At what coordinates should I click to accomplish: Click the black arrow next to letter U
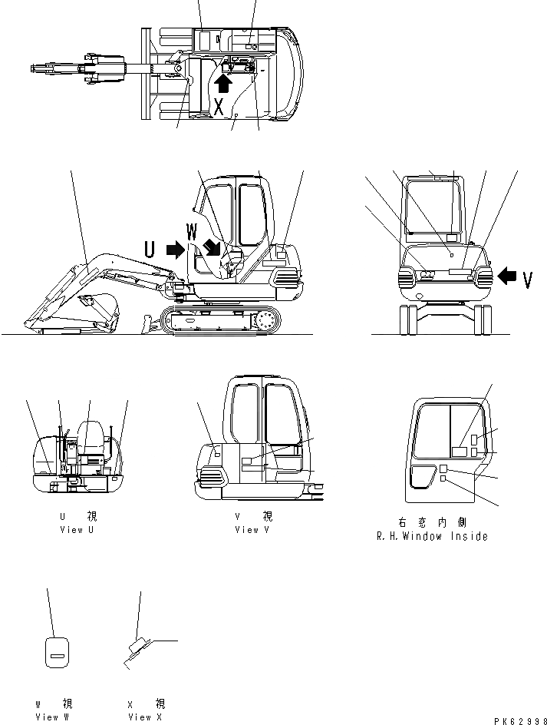pyautogui.click(x=176, y=248)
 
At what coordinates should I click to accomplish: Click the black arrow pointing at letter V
pyautogui.click(x=508, y=274)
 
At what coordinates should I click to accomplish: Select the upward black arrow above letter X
pyautogui.click(x=223, y=81)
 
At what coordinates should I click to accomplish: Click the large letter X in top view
pyautogui.click(x=219, y=108)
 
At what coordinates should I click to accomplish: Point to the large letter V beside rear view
pyautogui.click(x=528, y=280)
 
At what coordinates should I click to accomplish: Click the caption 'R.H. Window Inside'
pyautogui.click(x=432, y=536)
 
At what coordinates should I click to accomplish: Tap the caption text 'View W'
pyautogui.click(x=51, y=717)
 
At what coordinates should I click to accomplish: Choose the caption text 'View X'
pyautogui.click(x=145, y=717)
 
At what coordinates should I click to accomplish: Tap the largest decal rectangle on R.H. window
pyautogui.click(x=460, y=452)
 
